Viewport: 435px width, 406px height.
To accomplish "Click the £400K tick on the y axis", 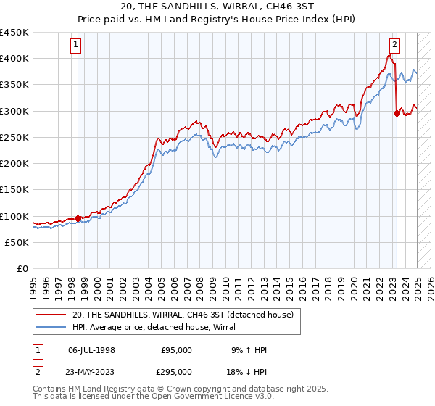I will tap(14, 59).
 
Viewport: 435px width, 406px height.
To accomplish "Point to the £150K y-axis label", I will tap(14, 190).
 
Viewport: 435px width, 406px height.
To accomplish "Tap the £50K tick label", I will tap(17, 242).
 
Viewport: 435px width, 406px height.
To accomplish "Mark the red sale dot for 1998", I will tap(78, 218).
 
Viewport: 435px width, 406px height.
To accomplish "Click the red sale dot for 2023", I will tap(397, 113).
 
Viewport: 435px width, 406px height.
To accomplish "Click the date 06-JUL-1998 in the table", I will tap(91, 350).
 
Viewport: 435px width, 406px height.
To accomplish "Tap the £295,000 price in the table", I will tap(176, 371).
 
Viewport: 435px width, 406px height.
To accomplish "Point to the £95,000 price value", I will tap(176, 350).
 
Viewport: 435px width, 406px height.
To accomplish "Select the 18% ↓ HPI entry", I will tap(247, 371).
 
